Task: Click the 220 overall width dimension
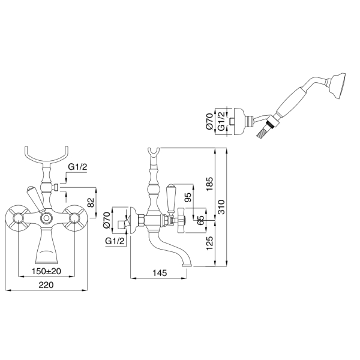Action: [46, 285]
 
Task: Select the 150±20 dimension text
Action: [46, 271]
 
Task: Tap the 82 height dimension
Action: [91, 202]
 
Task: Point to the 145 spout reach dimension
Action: [160, 273]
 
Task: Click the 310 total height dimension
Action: [221, 207]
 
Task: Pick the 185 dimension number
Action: [210, 184]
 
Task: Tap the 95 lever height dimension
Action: [188, 197]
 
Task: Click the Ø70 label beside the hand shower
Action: [209, 121]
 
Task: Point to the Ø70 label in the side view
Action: [107, 220]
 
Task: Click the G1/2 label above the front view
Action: [77, 167]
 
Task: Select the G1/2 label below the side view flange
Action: [115, 241]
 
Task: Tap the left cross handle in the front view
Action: [17, 218]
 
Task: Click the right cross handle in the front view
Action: [74, 218]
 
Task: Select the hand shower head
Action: [337, 86]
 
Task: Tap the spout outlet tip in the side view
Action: [188, 266]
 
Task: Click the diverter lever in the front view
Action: [35, 198]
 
